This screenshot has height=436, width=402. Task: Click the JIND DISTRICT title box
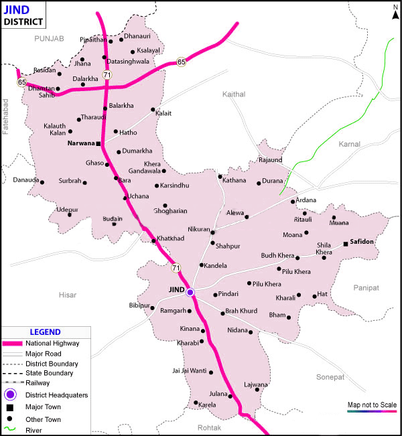coord(24,15)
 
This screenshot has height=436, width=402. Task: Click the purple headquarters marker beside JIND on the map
coord(190,292)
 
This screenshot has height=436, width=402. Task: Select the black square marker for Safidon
coord(346,244)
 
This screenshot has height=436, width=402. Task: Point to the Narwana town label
coord(81,143)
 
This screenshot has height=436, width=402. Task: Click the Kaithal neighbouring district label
coord(234,94)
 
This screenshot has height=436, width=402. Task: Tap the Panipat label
coord(366,287)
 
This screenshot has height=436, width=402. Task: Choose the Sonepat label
coord(330,377)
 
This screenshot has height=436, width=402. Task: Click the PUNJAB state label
coord(48,40)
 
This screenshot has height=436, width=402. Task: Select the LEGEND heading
coord(45,332)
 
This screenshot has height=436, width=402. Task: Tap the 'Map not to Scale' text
coord(372,405)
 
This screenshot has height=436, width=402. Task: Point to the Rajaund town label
coord(270,160)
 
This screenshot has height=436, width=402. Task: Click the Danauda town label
coord(27,180)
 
